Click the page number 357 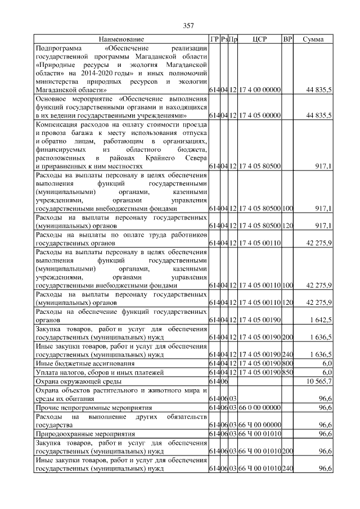pyautogui.click(x=188, y=25)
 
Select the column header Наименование pyautogui.click(x=121, y=39)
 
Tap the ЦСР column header pyautogui.click(x=259, y=39)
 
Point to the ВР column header pyautogui.click(x=287, y=39)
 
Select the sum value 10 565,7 pyautogui.click(x=318, y=381)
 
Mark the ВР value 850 pyautogui.click(x=287, y=372)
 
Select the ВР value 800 pyautogui.click(x=287, y=363)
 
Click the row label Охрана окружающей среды pyautogui.click(x=75, y=381)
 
